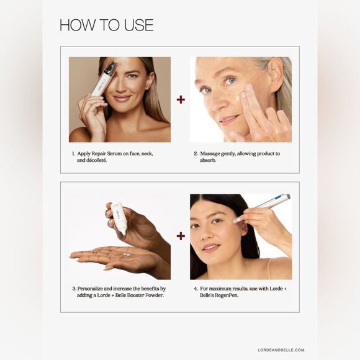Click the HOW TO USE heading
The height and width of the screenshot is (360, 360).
[x=106, y=25]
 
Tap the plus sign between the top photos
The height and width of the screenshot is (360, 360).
[x=181, y=99]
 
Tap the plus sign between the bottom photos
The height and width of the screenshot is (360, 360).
[x=181, y=236]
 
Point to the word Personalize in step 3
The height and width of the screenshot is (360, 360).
[x=96, y=289]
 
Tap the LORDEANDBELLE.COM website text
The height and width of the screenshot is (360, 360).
[x=281, y=350]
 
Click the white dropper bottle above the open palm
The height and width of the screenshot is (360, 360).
[x=118, y=217]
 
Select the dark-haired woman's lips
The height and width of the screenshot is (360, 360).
[x=210, y=247]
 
